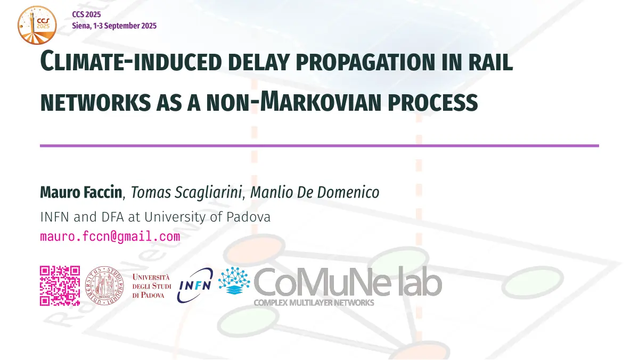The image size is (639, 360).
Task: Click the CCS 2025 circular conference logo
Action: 37,25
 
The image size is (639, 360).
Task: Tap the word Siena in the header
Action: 81,26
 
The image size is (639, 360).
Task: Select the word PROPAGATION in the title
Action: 365,62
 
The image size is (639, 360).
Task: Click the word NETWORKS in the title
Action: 95,102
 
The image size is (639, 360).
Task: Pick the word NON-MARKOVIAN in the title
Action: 293,101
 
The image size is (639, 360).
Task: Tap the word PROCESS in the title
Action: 433,102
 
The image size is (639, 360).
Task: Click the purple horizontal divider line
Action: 319,146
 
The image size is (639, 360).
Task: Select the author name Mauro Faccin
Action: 81,192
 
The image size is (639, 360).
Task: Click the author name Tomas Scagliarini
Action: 186,192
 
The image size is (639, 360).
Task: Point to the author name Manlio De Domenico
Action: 315,192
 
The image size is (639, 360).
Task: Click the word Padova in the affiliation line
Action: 248,217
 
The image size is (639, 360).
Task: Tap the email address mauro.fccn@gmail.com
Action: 110,236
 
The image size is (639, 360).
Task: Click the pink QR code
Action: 60,285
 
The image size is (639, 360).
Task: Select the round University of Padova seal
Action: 104,285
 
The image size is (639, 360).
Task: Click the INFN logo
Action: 195,285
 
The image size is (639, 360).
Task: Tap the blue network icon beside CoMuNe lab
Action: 234,281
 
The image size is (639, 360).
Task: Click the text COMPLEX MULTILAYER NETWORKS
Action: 314,302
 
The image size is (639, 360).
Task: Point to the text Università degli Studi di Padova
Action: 152,286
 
